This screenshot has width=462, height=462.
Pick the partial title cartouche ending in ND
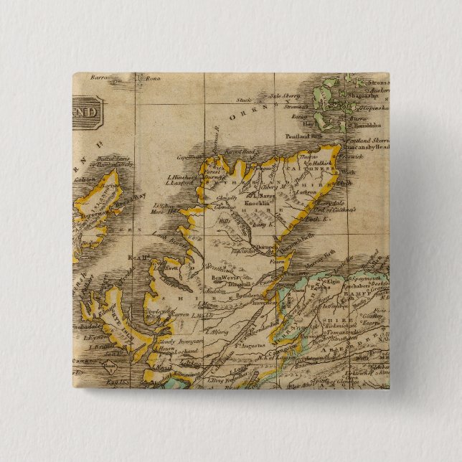[x=86, y=111]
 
